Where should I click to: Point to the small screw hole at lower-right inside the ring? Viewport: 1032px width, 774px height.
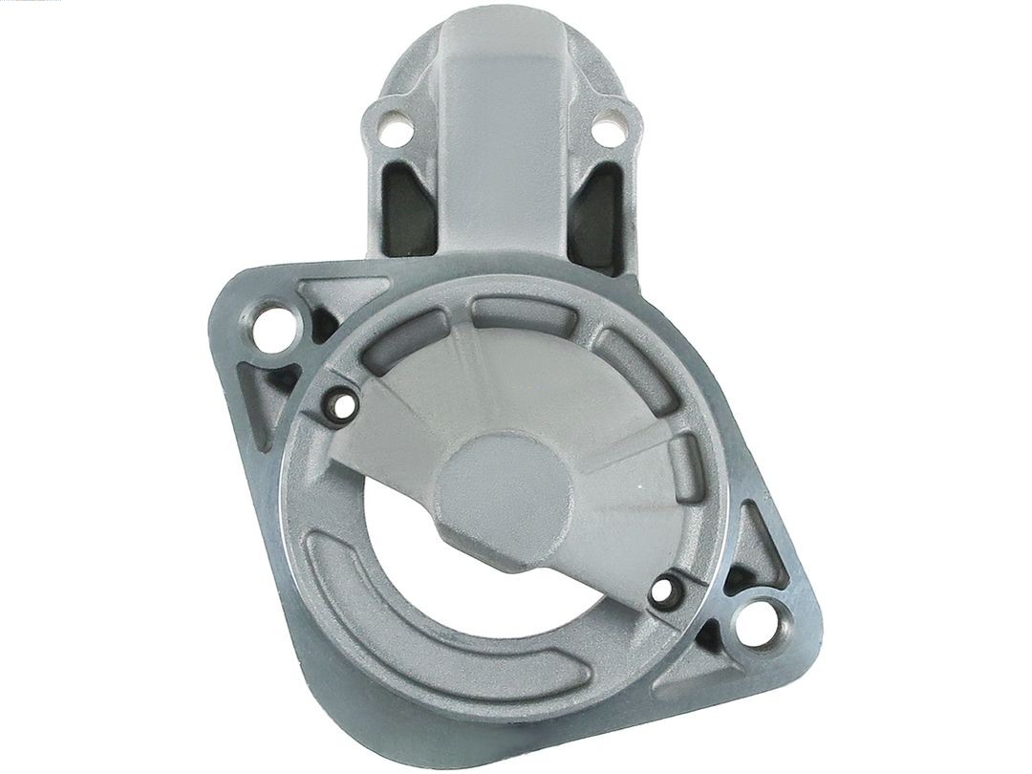point(662,592)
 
